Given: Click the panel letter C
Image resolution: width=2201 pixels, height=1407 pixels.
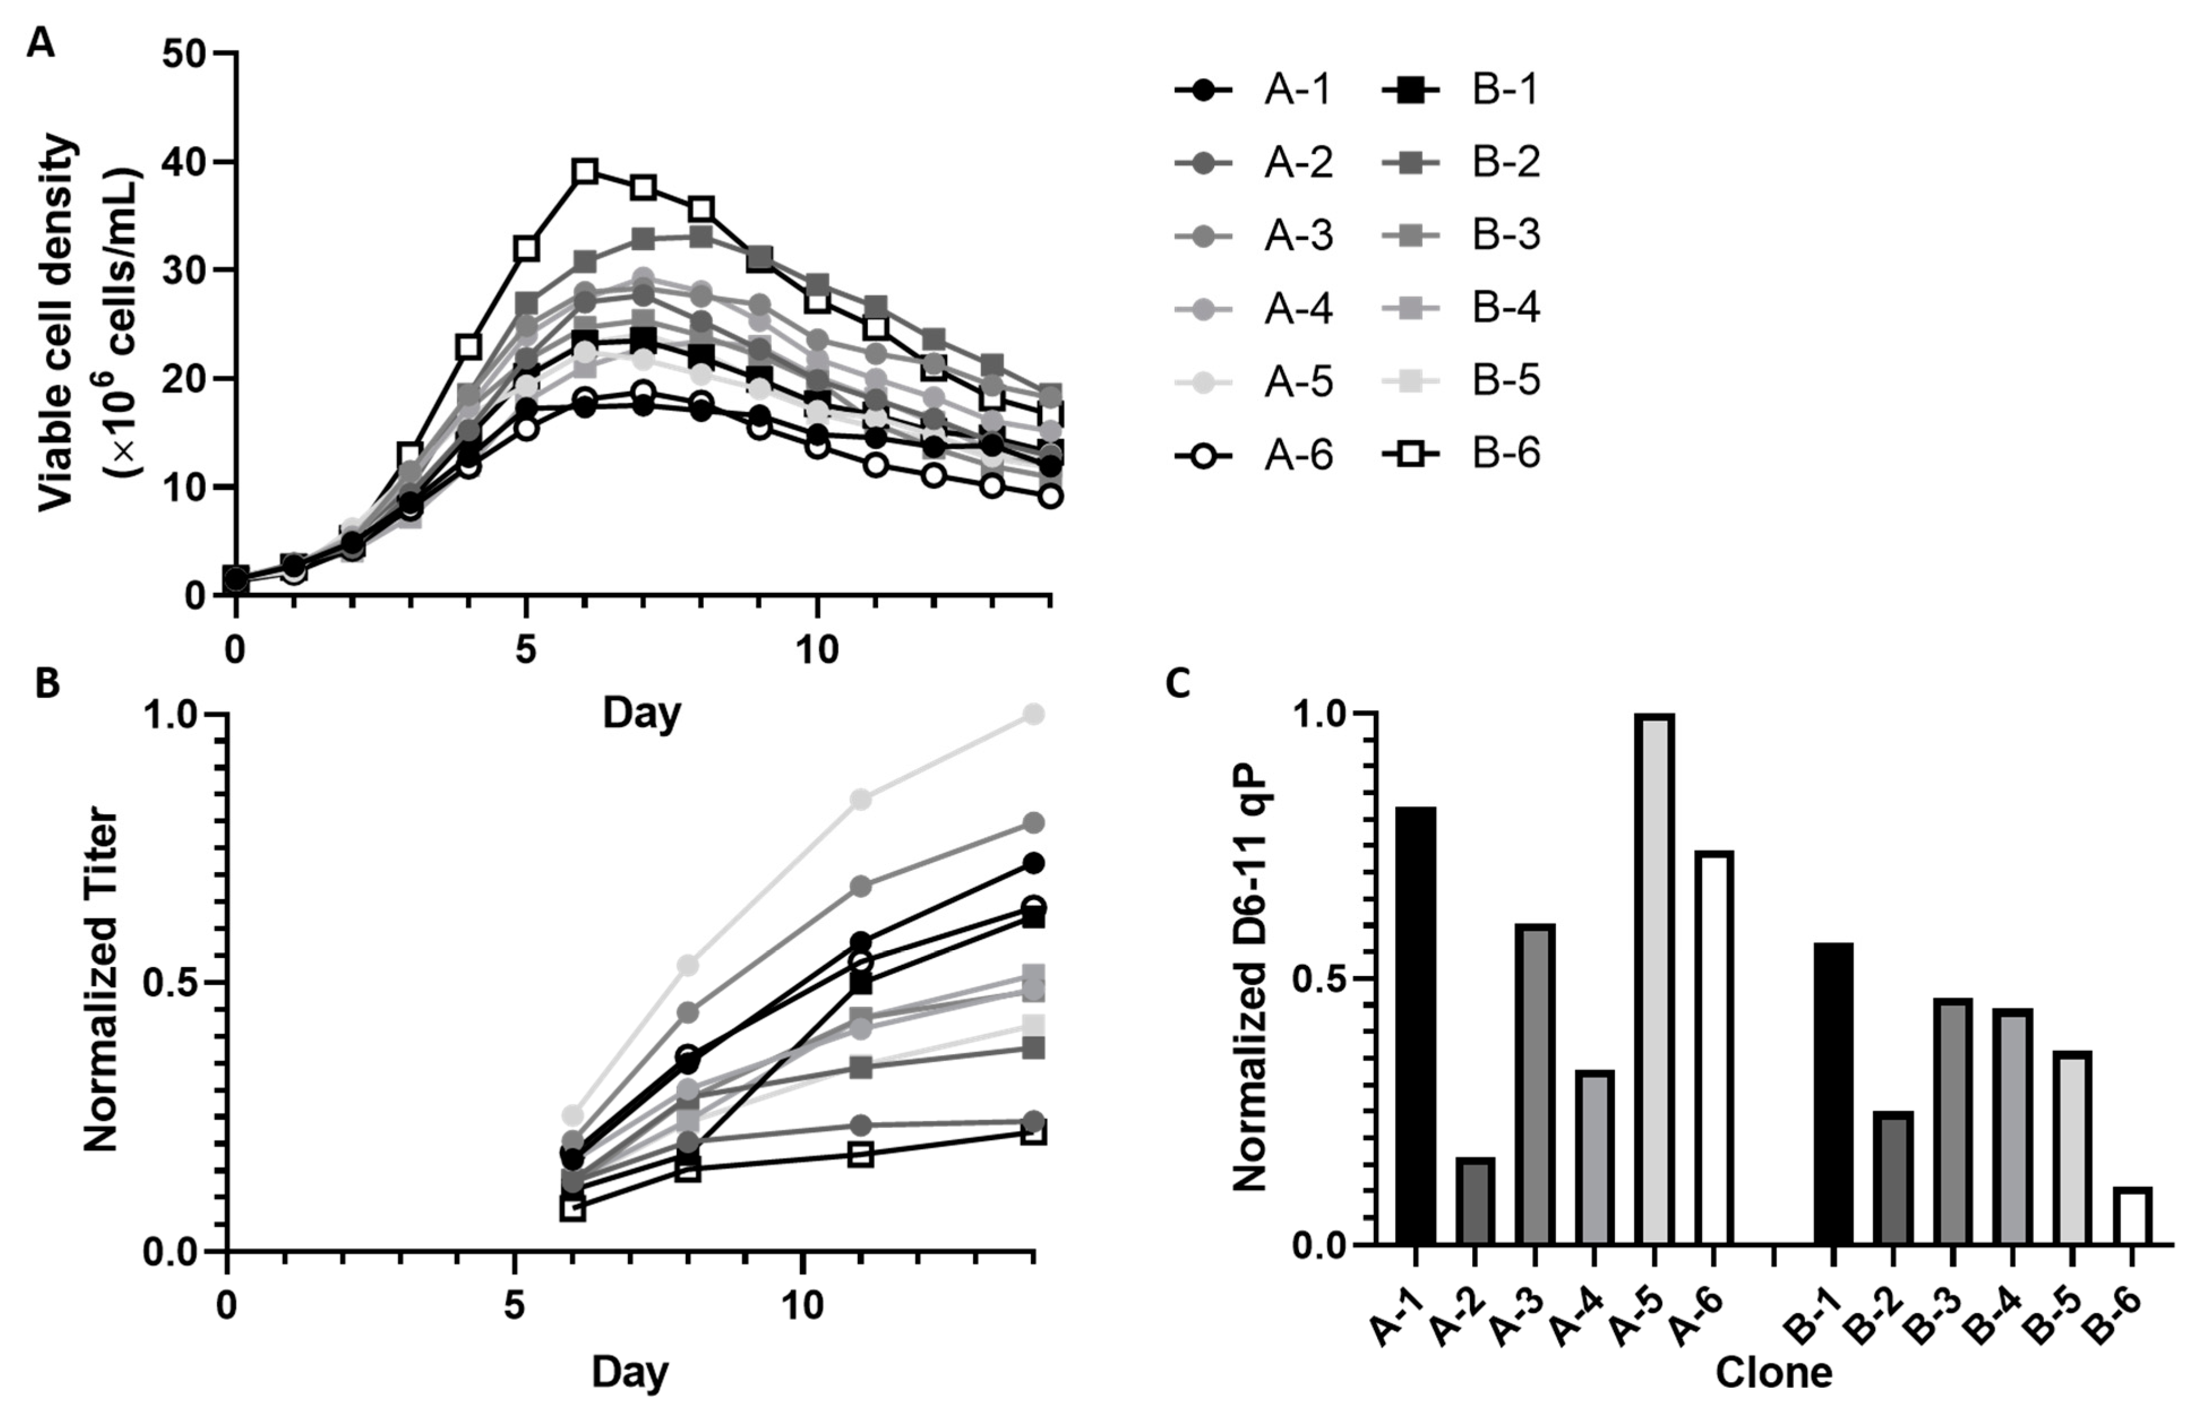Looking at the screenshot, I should pos(1179,683).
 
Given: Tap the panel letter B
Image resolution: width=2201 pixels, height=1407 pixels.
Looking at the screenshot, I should pos(48,683).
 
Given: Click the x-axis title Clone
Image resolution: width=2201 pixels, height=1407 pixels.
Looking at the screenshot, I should pos(1773,1373).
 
